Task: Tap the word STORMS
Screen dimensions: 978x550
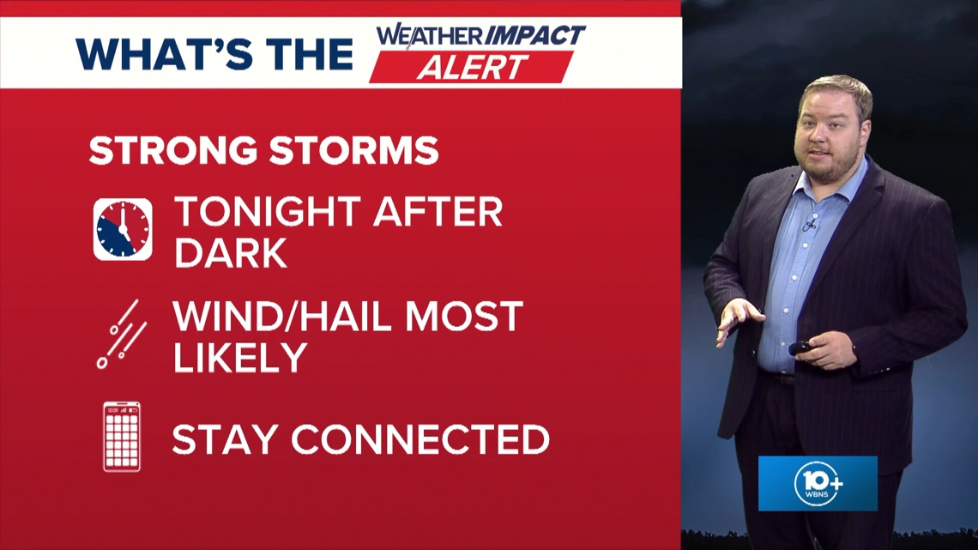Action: pyautogui.click(x=354, y=151)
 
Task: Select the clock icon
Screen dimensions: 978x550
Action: pyautogui.click(x=123, y=229)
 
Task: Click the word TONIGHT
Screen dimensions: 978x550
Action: pyautogui.click(x=267, y=212)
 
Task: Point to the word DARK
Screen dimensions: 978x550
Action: pyautogui.click(x=231, y=252)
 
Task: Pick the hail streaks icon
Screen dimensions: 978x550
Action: pyautogui.click(x=122, y=335)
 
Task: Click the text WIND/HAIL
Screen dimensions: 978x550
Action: pyautogui.click(x=282, y=317)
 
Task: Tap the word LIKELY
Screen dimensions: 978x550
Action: pyautogui.click(x=240, y=357)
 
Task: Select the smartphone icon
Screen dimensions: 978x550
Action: pyautogui.click(x=122, y=437)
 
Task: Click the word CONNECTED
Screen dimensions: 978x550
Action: pyautogui.click(x=420, y=439)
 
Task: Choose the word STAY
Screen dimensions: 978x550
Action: pyautogui.click(x=225, y=439)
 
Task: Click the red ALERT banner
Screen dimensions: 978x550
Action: pyautogui.click(x=472, y=67)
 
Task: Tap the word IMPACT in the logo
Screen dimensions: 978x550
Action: pyautogui.click(x=535, y=36)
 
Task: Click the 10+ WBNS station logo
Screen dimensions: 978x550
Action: pyautogui.click(x=818, y=483)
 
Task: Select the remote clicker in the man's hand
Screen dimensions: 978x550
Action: pyautogui.click(x=800, y=348)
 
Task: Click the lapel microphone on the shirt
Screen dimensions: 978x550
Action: pyautogui.click(x=810, y=225)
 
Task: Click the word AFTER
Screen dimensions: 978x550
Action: pyautogui.click(x=438, y=212)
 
